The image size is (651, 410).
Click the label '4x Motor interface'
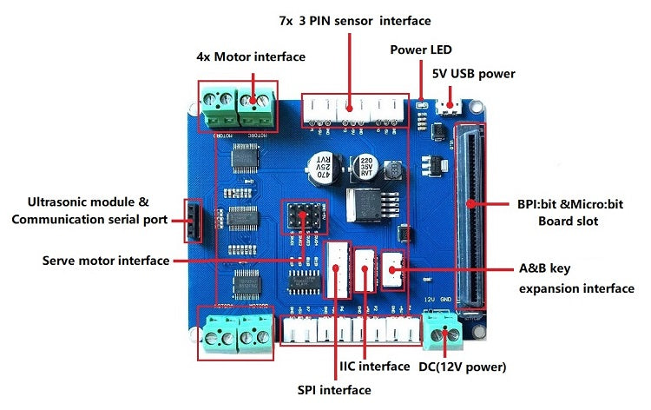[x=250, y=56]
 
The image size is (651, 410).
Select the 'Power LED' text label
[x=421, y=49]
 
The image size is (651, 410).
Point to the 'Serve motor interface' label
[x=105, y=260]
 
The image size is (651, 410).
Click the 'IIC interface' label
[x=374, y=366]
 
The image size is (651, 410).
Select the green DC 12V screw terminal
[x=442, y=328]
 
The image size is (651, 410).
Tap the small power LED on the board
[x=421, y=106]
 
